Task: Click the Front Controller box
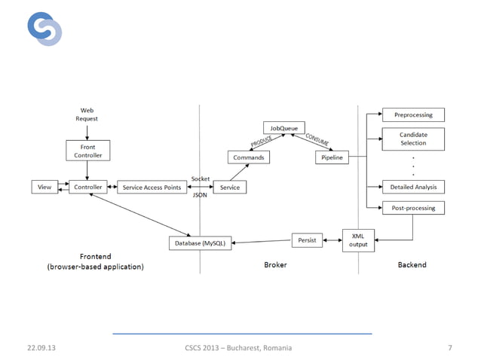click(x=87, y=150)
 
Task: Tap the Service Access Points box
click(x=152, y=187)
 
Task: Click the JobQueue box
click(x=283, y=128)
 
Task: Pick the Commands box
click(x=249, y=157)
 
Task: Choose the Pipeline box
click(x=331, y=157)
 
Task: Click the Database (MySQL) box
click(x=200, y=243)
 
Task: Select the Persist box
click(x=307, y=240)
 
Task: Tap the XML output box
click(x=358, y=240)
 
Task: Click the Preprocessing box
click(x=413, y=114)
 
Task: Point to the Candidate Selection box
click(x=413, y=139)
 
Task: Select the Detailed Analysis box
click(x=413, y=187)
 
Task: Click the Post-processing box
click(x=413, y=207)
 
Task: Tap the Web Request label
click(x=87, y=114)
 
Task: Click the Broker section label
click(x=275, y=265)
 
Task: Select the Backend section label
click(x=412, y=265)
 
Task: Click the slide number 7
click(x=449, y=348)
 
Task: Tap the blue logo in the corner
click(x=44, y=29)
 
